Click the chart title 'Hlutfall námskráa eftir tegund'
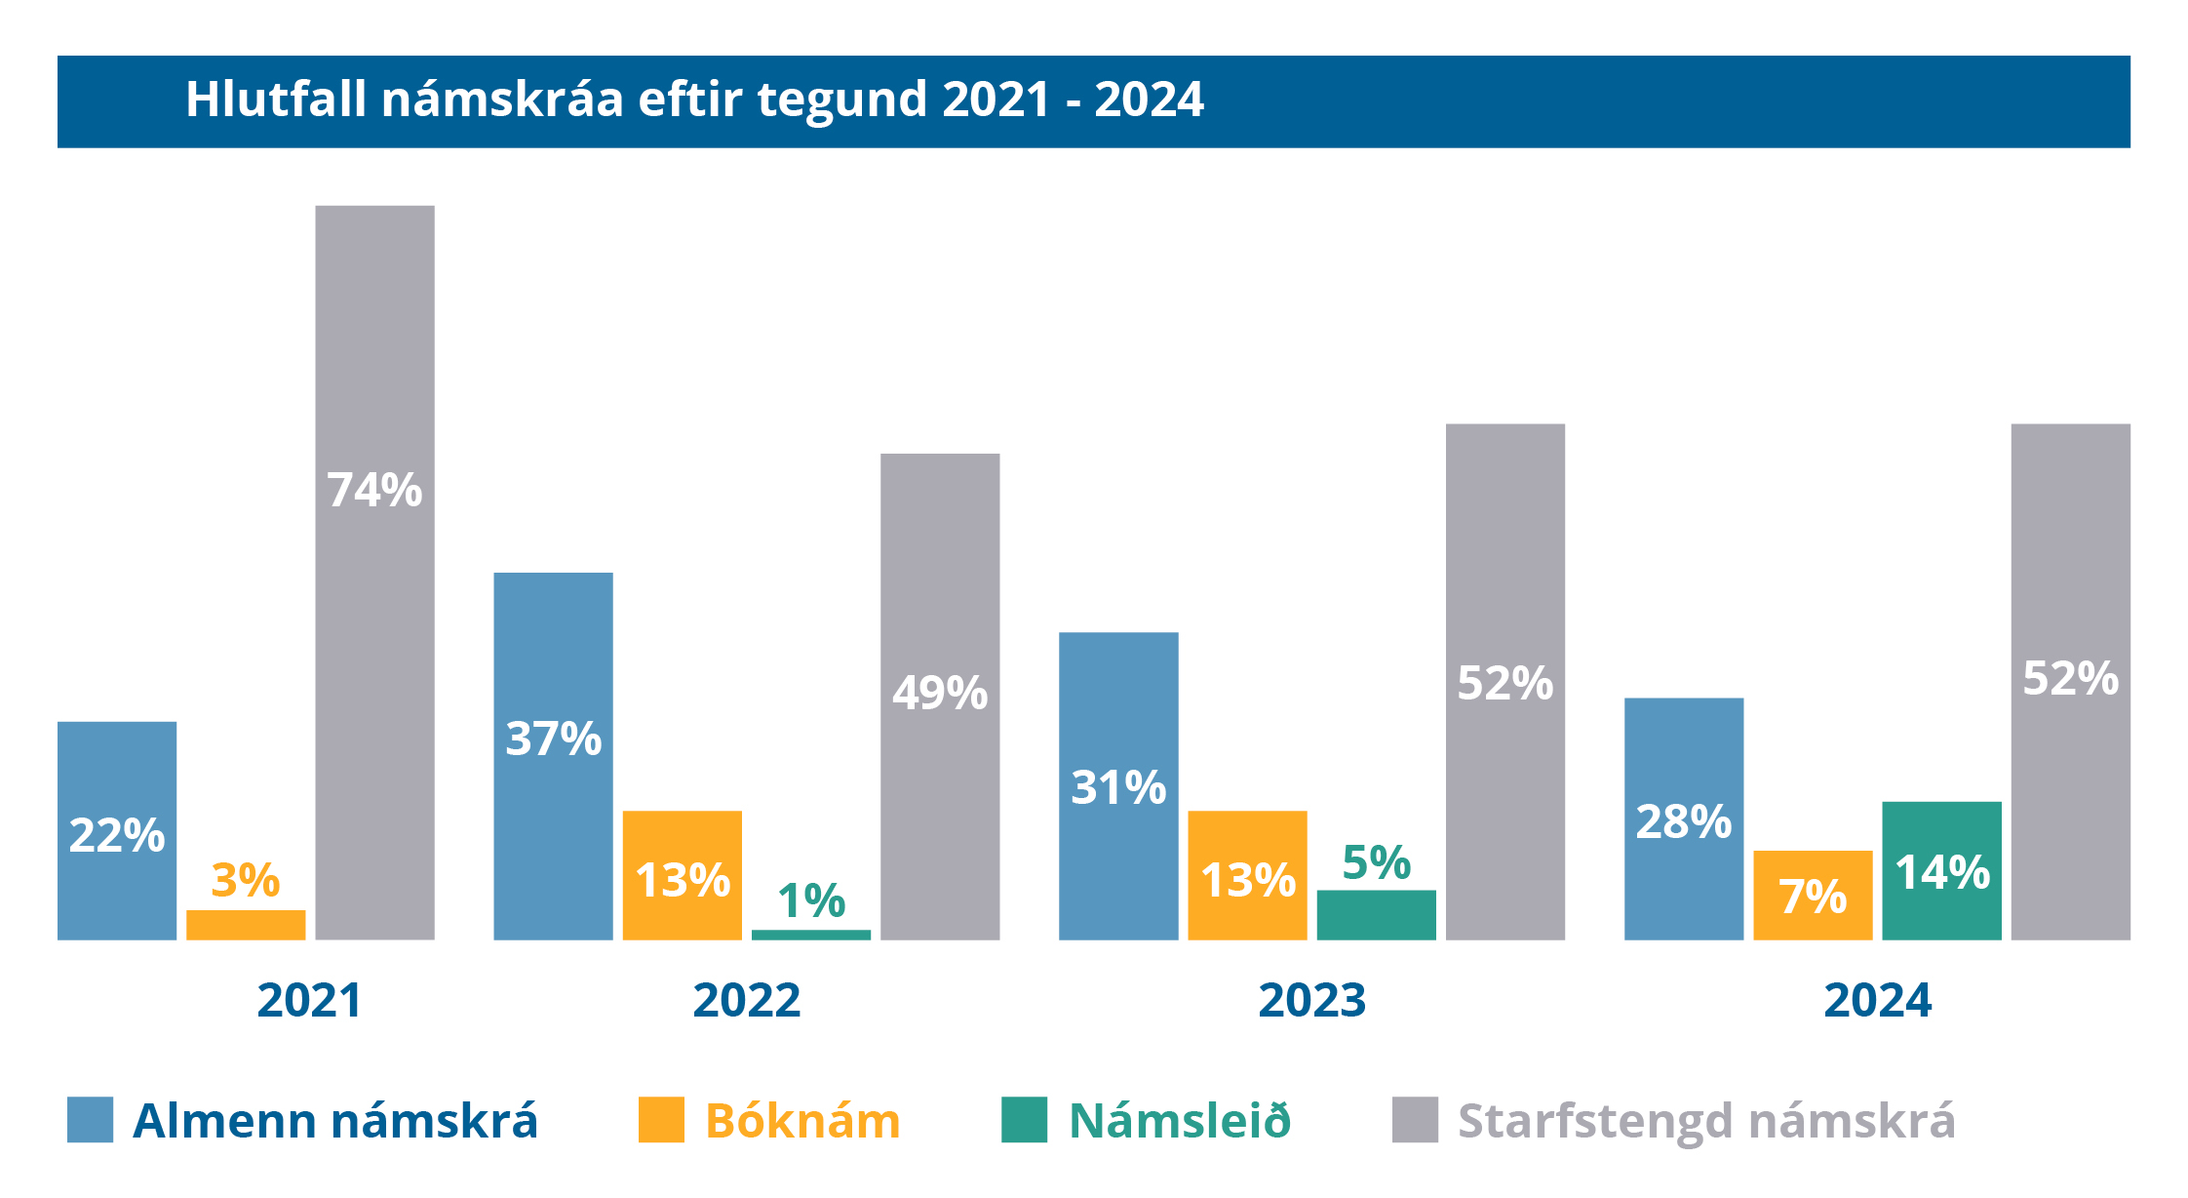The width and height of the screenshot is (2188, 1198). pyautogui.click(x=694, y=100)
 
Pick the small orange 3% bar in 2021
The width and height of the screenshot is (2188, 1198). pyautogui.click(x=246, y=925)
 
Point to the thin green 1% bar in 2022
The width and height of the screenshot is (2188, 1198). pyautogui.click(x=810, y=935)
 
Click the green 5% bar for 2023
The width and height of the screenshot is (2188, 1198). pyautogui.click(x=1376, y=915)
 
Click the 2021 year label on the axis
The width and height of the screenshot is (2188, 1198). pyautogui.click(x=309, y=1000)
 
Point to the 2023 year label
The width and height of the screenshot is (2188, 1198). pyautogui.click(x=1311, y=1000)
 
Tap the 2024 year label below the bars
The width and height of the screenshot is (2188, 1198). pyautogui.click(x=1877, y=1000)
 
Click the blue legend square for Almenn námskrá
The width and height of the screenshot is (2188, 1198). pyautogui.click(x=90, y=1119)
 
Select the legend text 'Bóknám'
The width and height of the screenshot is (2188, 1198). pyautogui.click(x=802, y=1121)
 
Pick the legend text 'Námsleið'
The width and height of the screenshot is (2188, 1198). pyautogui.click(x=1180, y=1121)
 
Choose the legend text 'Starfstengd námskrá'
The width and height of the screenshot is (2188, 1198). pyautogui.click(x=1706, y=1121)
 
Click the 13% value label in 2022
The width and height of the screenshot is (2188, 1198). pyautogui.click(x=683, y=880)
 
